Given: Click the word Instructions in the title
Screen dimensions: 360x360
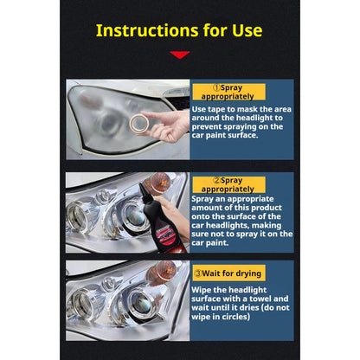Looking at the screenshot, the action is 147,30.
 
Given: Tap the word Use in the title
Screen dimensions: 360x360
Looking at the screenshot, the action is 247,30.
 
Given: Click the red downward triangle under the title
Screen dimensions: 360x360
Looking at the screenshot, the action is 180,55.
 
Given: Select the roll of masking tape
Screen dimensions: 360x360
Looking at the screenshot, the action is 139,123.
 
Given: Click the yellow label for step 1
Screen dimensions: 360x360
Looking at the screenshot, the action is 228,92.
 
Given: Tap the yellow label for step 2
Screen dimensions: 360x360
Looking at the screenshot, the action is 228,184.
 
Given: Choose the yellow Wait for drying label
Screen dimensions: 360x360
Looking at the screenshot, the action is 228,273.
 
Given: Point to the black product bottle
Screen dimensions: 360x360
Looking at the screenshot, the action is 159,219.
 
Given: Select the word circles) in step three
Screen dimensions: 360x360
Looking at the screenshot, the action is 235,317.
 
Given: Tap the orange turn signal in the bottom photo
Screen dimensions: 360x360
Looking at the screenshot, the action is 162,273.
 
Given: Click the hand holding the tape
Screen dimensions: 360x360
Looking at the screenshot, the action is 167,126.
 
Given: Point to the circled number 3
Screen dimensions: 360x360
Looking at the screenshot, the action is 197,273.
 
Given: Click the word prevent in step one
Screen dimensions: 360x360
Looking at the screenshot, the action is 206,126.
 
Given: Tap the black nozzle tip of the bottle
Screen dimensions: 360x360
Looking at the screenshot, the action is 141,185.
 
